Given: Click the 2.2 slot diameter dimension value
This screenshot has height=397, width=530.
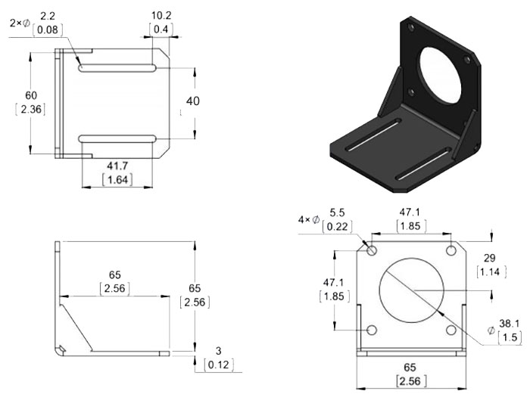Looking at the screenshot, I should (x=47, y=15).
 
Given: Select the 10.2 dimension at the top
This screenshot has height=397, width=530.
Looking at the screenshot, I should (x=161, y=14).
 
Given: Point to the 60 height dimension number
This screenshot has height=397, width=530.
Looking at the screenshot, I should (x=30, y=95).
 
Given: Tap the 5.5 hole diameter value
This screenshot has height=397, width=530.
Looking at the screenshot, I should (x=338, y=213).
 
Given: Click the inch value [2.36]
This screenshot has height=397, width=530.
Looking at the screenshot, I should (x=30, y=110).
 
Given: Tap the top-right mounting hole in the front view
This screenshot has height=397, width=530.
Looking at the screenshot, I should (x=451, y=250).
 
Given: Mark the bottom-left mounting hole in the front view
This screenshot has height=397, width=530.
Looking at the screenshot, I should (x=372, y=330).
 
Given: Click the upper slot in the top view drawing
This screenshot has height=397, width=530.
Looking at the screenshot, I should (x=117, y=69).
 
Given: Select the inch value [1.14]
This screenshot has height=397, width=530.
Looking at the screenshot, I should (x=488, y=272).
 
